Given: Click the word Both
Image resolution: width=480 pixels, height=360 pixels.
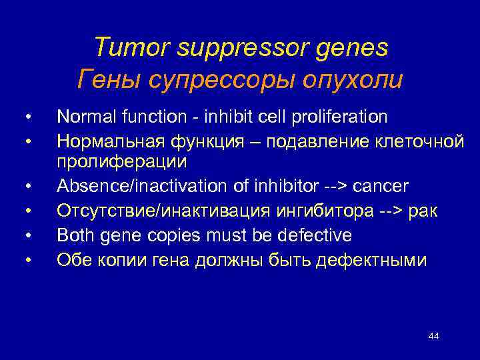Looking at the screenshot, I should coord(73,236).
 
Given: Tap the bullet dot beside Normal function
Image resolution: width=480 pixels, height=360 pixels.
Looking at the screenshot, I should coord(27,118).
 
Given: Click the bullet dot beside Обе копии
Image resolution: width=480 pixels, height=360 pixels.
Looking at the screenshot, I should coord(27,260).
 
